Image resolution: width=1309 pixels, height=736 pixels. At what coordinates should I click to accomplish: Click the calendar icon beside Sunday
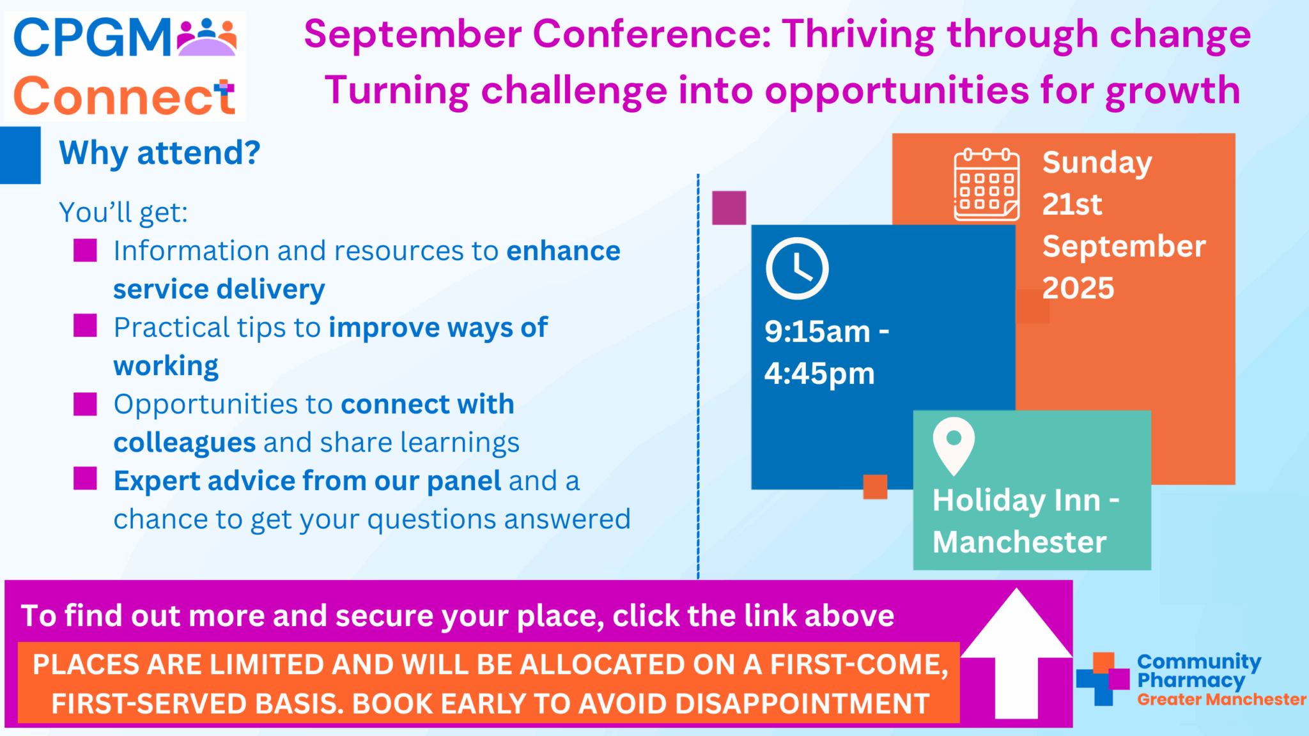986,185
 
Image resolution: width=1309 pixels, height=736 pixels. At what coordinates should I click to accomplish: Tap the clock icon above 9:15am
797,268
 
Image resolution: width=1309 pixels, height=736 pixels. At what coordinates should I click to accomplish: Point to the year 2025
1078,288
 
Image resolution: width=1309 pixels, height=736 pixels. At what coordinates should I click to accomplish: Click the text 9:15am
817,332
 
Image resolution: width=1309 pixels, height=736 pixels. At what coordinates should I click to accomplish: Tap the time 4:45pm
819,374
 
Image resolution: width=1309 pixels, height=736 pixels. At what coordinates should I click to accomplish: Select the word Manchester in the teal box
1019,542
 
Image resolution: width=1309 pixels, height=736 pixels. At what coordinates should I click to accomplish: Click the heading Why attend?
160,153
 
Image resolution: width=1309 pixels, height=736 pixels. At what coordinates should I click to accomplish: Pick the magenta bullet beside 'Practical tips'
85,325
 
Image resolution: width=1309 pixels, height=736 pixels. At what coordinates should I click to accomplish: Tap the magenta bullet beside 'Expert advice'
85,478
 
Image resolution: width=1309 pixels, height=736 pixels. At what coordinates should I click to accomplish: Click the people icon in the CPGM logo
207,38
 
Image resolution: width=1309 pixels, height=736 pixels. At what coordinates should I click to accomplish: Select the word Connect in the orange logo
124,96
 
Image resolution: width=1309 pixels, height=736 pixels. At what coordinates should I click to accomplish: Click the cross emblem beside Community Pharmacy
1103,678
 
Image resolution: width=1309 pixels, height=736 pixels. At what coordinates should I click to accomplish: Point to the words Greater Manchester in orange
1221,700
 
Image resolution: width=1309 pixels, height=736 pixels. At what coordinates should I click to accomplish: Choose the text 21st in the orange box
1073,204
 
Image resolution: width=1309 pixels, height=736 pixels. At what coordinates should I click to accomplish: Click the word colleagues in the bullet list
185,443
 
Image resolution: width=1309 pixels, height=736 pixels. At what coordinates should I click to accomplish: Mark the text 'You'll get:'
123,212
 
